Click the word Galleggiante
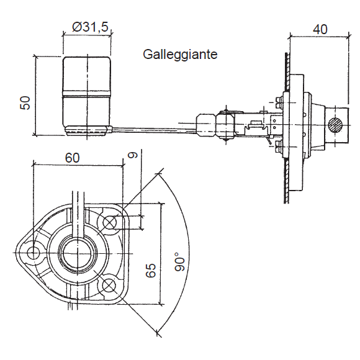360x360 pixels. [x=180, y=55]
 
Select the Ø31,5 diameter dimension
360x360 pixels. [x=90, y=27]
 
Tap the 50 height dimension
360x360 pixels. [x=25, y=102]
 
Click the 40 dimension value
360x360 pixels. [x=320, y=29]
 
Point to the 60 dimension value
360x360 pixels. [x=73, y=158]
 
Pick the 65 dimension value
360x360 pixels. [x=151, y=270]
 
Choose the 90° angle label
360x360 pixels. [x=180, y=261]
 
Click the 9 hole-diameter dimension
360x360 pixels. [x=132, y=155]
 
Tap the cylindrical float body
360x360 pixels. [x=87, y=91]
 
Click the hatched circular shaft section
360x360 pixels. [x=335, y=125]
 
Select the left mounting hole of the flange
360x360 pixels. [x=33, y=253]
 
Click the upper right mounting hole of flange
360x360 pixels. [x=109, y=222]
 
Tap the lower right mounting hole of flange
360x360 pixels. [x=109, y=285]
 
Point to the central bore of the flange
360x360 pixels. [x=78, y=253]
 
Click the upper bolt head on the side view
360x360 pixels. [x=278, y=102]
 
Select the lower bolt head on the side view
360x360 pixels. [x=278, y=146]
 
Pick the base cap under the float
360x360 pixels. [x=87, y=130]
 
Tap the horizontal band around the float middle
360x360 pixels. [x=87, y=94]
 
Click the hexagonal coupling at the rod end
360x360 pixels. [x=206, y=125]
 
